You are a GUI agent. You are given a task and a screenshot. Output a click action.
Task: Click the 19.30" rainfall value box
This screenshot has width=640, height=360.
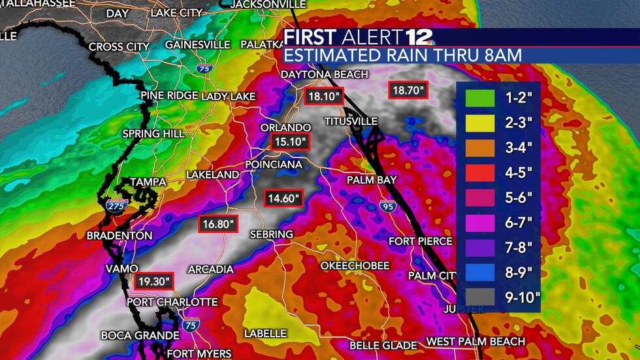(x=154, y=281)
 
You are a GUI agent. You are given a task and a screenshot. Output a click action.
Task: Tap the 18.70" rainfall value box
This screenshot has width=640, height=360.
(x=408, y=90)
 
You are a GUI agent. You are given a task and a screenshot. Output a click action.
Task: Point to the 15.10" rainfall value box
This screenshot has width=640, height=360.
(x=288, y=141)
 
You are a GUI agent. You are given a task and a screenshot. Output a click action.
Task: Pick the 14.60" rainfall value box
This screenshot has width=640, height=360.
(x=283, y=197)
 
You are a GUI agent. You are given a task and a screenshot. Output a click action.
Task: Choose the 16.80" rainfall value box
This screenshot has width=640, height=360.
(x=218, y=223)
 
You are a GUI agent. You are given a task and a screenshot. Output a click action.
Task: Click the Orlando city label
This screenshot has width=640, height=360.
(x=285, y=127)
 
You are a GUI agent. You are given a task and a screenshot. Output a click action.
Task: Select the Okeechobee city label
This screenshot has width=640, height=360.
(x=355, y=265)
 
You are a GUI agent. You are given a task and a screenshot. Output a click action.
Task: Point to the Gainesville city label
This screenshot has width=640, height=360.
(x=197, y=44)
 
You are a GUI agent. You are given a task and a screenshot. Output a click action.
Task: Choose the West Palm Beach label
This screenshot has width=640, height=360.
(x=475, y=341)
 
